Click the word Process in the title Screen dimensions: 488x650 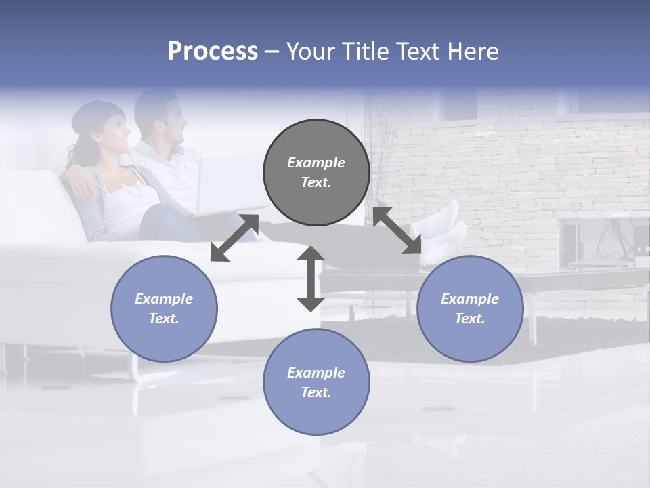click(x=213, y=52)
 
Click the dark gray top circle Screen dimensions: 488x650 click(x=316, y=173)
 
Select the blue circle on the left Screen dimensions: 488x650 click(x=164, y=308)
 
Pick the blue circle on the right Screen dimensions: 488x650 click(x=470, y=308)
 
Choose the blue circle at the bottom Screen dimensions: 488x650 click(x=316, y=382)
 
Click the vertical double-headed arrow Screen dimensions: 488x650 click(x=311, y=279)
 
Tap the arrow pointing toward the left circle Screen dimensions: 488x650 click(x=234, y=238)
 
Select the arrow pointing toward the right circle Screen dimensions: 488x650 click(x=397, y=230)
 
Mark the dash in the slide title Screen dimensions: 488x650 click(x=272, y=52)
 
